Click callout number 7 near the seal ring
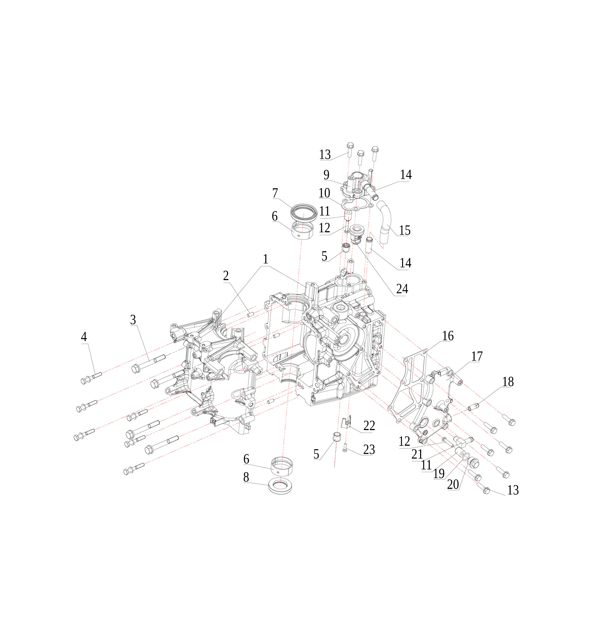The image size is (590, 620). pyautogui.click(x=275, y=193)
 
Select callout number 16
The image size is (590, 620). pyautogui.click(x=448, y=336)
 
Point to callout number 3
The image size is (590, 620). pyautogui.click(x=133, y=320)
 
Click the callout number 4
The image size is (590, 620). pyautogui.click(x=84, y=337)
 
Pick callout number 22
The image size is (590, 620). pyautogui.click(x=369, y=425)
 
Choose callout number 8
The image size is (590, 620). pyautogui.click(x=246, y=477)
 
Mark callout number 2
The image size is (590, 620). pyautogui.click(x=226, y=276)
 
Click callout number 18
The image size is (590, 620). pyautogui.click(x=508, y=382)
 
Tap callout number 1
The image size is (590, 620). pyautogui.click(x=265, y=259)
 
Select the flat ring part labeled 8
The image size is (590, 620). pyautogui.click(x=280, y=486)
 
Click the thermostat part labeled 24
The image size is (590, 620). pyautogui.click(x=357, y=234)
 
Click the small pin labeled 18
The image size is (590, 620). pyautogui.click(x=473, y=406)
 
